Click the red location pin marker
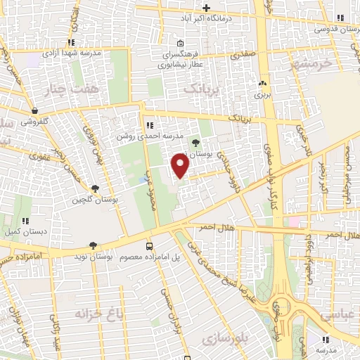(x=181, y=166)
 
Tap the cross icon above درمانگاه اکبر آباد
(x=207, y=6)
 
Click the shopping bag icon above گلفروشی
(x=34, y=110)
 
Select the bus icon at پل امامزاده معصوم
(x=149, y=246)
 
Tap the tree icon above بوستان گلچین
(x=94, y=188)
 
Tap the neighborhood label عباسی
(x=338, y=314)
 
